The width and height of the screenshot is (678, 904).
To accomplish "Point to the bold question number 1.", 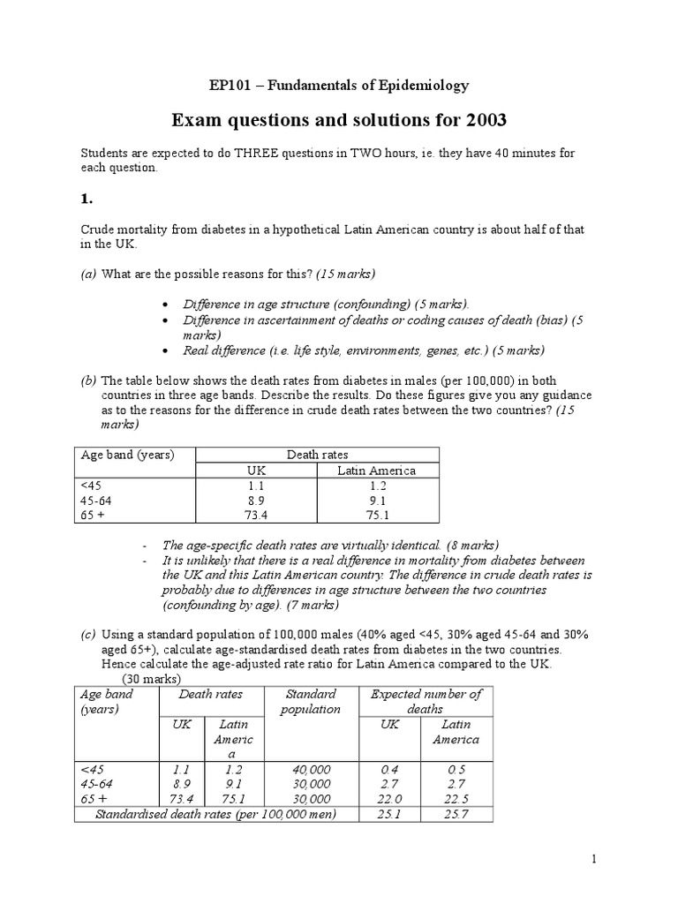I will pos(87,200).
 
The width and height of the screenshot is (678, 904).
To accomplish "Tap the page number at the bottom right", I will pos(595,859).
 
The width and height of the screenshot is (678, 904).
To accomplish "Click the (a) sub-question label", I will pos(88,274).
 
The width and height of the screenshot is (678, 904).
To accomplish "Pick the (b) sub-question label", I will pos(88,380).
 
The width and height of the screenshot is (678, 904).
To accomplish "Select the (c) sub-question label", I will pos(88,634).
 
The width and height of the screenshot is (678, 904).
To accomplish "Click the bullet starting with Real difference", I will pos(362,350).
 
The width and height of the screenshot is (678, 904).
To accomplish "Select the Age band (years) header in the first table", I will pos(127,455).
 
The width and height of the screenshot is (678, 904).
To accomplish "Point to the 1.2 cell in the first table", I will pos(376,485).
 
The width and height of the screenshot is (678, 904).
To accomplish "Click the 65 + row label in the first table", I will pos(93,513).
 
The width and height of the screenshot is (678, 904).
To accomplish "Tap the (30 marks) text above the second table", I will pos(151,678).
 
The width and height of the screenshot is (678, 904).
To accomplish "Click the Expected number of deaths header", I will pos(426,701).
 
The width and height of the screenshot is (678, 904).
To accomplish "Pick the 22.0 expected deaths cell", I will pos(388,798).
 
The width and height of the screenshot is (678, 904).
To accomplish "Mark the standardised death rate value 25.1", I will pos(388,813).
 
